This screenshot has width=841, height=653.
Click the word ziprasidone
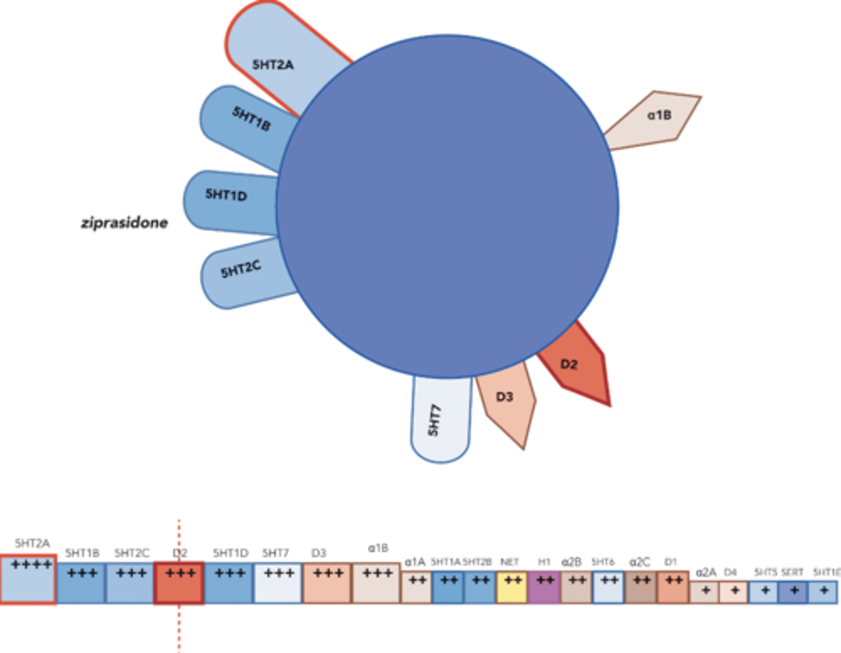coord(124,223)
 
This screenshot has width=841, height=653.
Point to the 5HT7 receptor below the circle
coord(440,420)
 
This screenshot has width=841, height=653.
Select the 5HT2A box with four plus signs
coord(29,579)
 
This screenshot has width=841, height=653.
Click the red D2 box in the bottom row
coord(179,583)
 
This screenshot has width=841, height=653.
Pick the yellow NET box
coord(512,587)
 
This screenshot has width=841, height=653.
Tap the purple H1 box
coord(544,587)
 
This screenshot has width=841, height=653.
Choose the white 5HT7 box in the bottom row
coord(278,583)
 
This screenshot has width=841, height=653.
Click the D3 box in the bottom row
coord(327,583)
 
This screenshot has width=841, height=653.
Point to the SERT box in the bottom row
coord(793,592)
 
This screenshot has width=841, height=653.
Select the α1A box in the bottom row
coord(416,587)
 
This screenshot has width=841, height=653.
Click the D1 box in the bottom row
coord(673,587)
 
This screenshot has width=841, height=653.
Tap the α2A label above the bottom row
coord(706,572)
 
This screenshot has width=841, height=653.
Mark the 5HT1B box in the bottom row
coord(81,583)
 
